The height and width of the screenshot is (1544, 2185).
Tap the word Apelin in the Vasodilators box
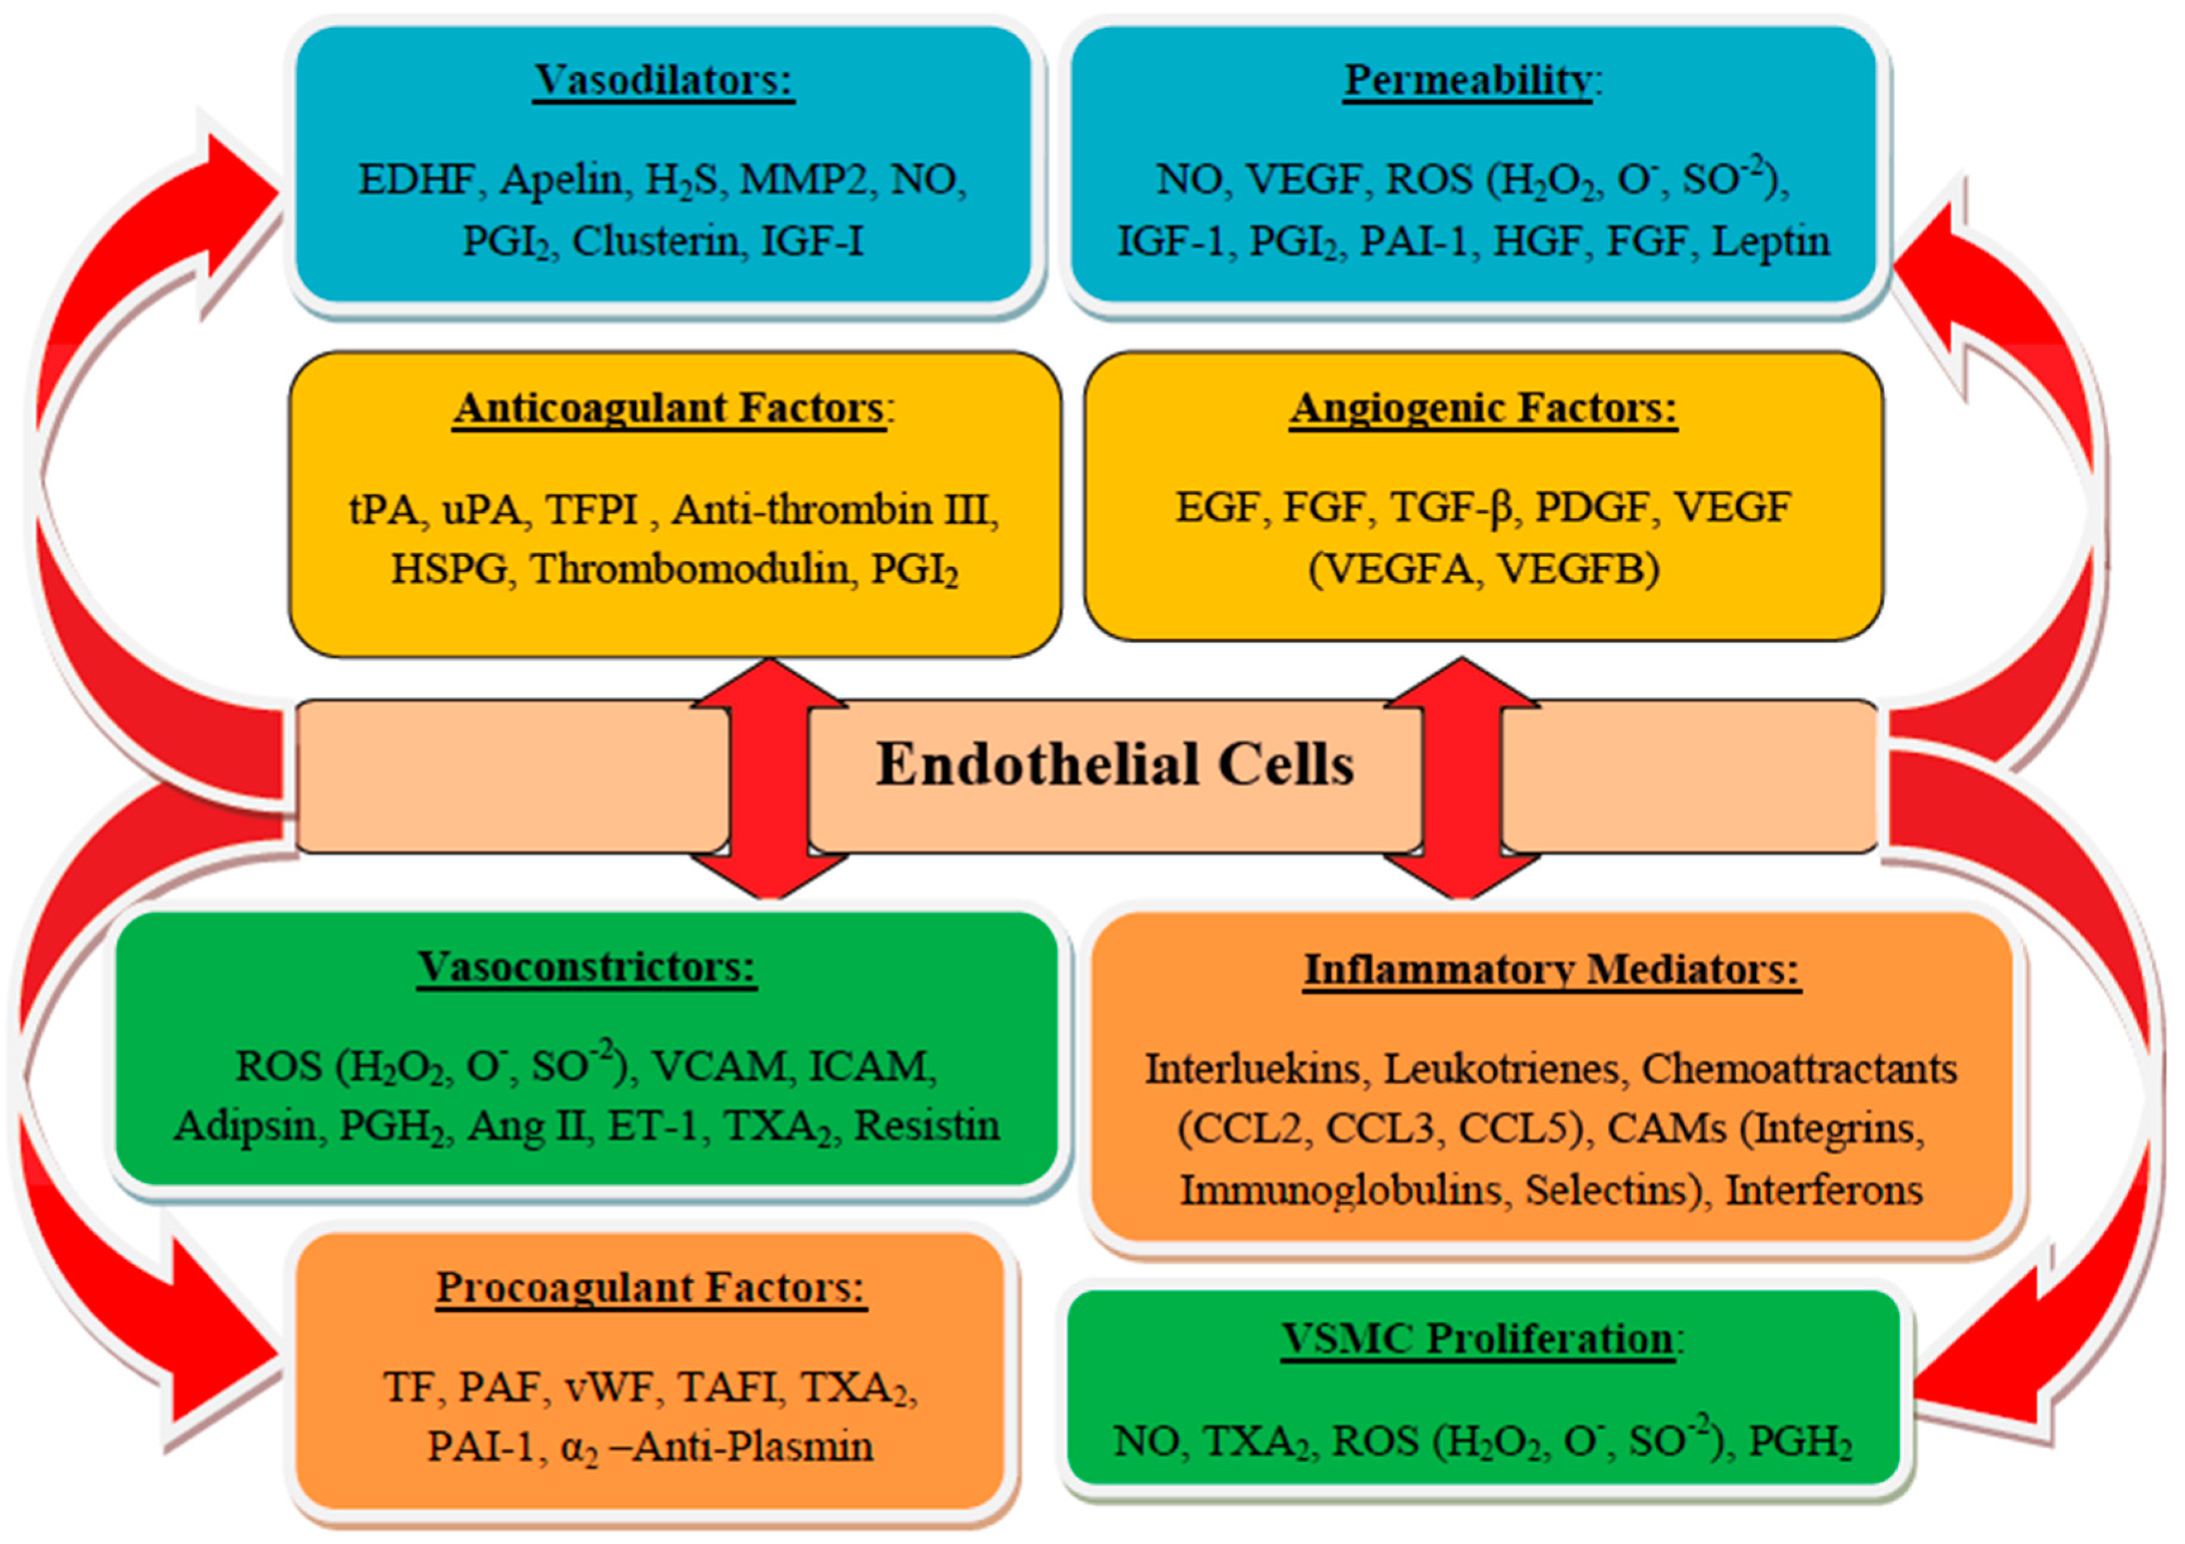562,180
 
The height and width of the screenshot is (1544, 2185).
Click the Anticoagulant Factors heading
669,408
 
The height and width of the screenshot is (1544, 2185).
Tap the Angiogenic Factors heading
1483,408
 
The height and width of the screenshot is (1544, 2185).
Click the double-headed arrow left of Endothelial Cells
769,778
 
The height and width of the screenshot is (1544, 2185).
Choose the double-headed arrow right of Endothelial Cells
1462,778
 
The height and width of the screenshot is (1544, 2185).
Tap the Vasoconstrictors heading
586,967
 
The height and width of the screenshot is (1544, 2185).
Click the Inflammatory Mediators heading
1551,971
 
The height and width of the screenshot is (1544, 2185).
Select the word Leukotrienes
1501,1069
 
